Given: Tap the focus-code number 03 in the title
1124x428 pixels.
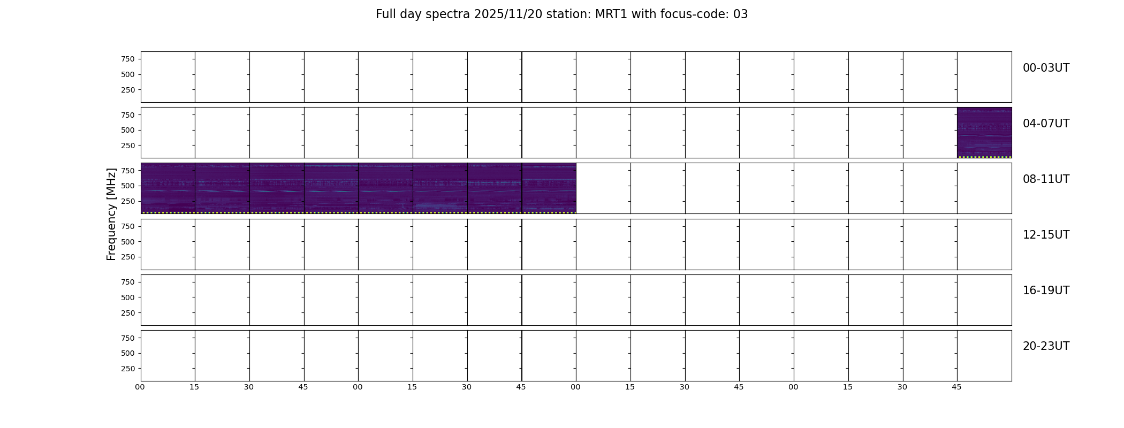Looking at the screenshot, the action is click(x=740, y=14).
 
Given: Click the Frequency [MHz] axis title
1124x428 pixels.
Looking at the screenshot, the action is click(x=111, y=214).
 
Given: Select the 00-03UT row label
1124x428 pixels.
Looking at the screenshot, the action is click(x=1046, y=68).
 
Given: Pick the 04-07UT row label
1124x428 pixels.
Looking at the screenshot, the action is click(x=1046, y=124).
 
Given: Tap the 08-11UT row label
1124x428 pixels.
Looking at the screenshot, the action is click(x=1046, y=179).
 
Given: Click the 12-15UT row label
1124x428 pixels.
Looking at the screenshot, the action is click(x=1046, y=235).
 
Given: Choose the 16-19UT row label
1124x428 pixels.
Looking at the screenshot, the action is click(x=1046, y=291).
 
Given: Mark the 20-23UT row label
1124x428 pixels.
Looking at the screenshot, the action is click(x=1046, y=346).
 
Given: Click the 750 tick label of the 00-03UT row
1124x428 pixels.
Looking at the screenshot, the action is click(x=128, y=59).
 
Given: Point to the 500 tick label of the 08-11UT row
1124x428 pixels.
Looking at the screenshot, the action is click(x=128, y=186).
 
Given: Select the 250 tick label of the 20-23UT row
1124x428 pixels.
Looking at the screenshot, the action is click(x=128, y=369).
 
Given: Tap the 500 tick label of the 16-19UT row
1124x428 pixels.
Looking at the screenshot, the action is click(x=128, y=297).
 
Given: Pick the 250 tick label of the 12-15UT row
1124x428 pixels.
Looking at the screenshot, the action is click(x=128, y=257).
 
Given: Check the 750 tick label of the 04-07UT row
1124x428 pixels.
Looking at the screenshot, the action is click(x=128, y=115).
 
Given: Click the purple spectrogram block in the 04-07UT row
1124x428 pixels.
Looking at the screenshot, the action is click(x=984, y=133).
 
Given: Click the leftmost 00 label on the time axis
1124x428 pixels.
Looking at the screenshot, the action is click(x=140, y=387).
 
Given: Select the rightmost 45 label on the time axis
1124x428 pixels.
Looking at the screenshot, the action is click(x=956, y=387).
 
